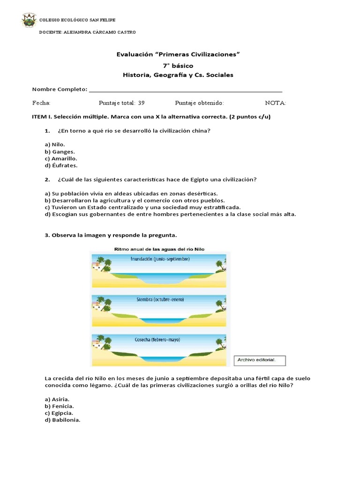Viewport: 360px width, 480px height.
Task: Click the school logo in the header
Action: point(28,21)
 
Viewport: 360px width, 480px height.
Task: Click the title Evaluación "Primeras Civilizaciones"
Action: point(178,54)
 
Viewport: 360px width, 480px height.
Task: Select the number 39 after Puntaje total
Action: point(142,103)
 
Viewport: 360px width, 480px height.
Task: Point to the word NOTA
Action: point(275,103)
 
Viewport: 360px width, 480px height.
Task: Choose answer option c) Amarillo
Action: point(61,158)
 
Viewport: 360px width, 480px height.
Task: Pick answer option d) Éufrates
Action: point(61,165)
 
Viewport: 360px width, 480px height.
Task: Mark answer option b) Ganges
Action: point(60,151)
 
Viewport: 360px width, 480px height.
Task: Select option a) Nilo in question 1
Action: point(55,144)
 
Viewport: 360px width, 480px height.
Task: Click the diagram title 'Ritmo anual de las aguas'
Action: point(159,249)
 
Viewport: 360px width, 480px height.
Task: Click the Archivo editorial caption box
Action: point(259,360)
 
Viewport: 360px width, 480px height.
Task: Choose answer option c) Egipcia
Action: point(59,413)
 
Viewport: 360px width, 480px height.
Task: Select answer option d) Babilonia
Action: point(62,420)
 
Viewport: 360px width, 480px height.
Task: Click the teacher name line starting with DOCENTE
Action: point(88,32)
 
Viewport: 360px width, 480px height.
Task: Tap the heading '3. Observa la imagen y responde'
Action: point(111,235)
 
